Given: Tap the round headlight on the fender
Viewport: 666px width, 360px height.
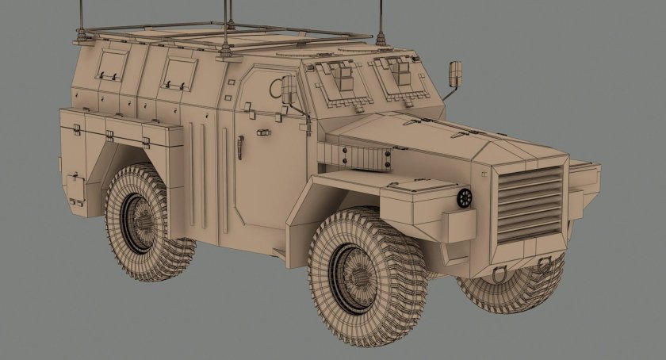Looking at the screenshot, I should point(463,198).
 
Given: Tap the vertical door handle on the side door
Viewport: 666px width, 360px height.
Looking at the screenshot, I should point(240,146).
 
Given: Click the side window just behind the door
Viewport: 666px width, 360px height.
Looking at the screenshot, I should point(176,71).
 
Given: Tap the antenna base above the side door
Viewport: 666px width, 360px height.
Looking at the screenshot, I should point(228,49).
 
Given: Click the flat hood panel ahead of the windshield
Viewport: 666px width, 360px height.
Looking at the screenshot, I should point(420,131).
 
